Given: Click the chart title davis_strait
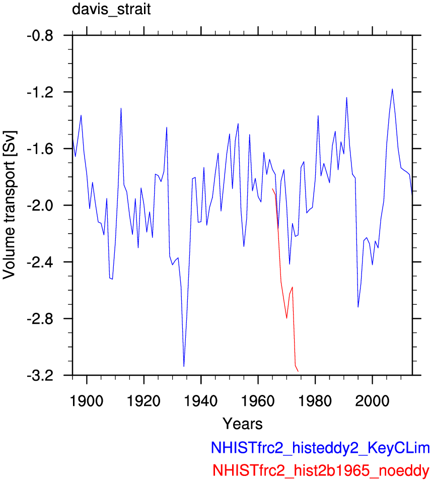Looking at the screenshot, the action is tap(111, 10).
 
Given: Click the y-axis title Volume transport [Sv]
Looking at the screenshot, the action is tap(9, 205).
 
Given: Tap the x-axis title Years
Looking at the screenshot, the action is tap(242, 424).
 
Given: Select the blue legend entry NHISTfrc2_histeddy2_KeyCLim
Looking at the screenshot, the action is tap(320, 448).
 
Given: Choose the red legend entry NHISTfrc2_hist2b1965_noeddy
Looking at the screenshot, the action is tap(321, 470).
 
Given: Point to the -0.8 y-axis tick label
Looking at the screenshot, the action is tap(40, 36).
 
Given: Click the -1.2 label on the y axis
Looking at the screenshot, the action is tap(40, 92).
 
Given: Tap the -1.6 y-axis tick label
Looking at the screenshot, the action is tap(40, 149).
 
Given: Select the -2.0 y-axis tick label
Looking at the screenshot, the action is tap(40, 205).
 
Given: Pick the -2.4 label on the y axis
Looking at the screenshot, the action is tap(40, 262).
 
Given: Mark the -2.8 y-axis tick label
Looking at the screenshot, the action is tap(40, 319).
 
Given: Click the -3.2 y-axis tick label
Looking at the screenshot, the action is tap(40, 375).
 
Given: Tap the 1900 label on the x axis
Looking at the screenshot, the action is tap(87, 401).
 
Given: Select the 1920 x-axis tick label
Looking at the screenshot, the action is tap(144, 401).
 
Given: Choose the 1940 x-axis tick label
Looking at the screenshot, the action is tap(201, 401).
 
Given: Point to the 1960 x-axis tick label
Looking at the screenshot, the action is tap(258, 401).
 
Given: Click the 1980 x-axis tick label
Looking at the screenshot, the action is tap(315, 401).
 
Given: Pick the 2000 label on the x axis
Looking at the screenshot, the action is tap(373, 401).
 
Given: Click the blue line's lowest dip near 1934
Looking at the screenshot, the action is tap(184, 366).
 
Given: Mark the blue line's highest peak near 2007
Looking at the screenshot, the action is tap(392, 89).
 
